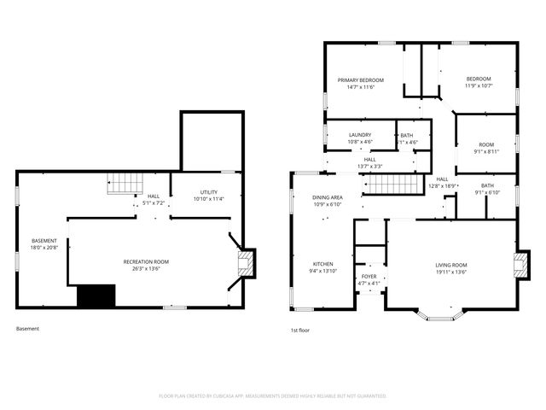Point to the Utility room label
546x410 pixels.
[209, 192]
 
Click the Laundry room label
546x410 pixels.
[359, 134]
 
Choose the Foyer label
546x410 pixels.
[369, 277]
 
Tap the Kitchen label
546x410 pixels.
[322, 264]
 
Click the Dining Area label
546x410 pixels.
[327, 197]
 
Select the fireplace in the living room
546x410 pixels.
[519, 263]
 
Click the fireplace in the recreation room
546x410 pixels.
[247, 263]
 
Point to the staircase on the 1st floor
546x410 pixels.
[395, 183]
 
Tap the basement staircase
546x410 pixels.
[123, 183]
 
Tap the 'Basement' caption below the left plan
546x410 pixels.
[27, 328]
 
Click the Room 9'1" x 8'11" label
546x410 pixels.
[486, 148]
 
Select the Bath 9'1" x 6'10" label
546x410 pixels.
[486, 189]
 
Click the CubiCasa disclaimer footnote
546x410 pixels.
[273, 396]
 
